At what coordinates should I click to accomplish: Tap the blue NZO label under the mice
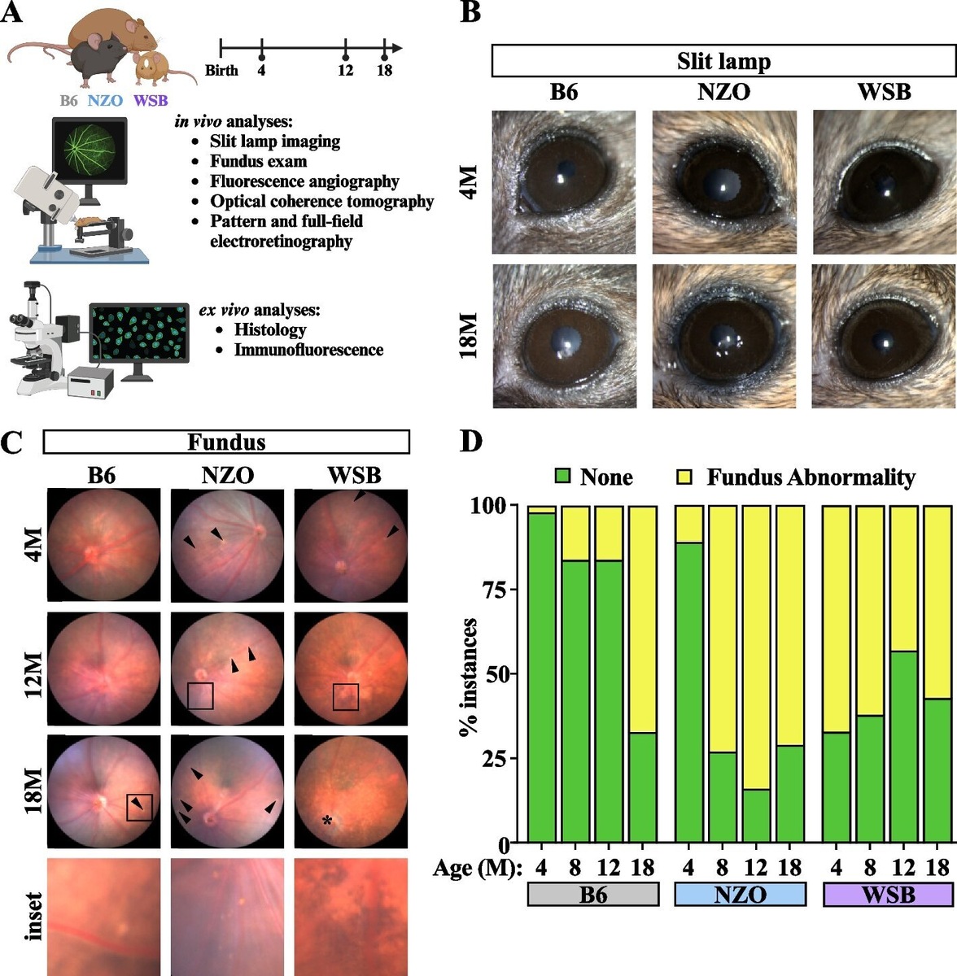coord(106,101)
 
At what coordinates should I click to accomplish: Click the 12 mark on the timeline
coord(346,70)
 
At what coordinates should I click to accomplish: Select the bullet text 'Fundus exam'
coord(258,161)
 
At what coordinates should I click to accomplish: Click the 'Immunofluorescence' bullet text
coord(308,350)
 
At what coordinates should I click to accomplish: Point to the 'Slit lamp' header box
coord(723,61)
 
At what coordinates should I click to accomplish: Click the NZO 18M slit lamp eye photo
coord(723,336)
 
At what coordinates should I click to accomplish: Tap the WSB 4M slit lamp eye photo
coord(884,182)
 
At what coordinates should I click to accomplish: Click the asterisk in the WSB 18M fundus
coord(327,821)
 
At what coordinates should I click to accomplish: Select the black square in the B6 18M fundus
coord(139,807)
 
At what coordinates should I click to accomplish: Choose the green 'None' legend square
coord(562,477)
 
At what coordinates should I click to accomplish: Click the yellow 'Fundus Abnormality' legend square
coord(686,477)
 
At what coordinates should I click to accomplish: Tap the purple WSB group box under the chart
coord(888,895)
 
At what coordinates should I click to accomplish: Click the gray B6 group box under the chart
coord(592,895)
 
